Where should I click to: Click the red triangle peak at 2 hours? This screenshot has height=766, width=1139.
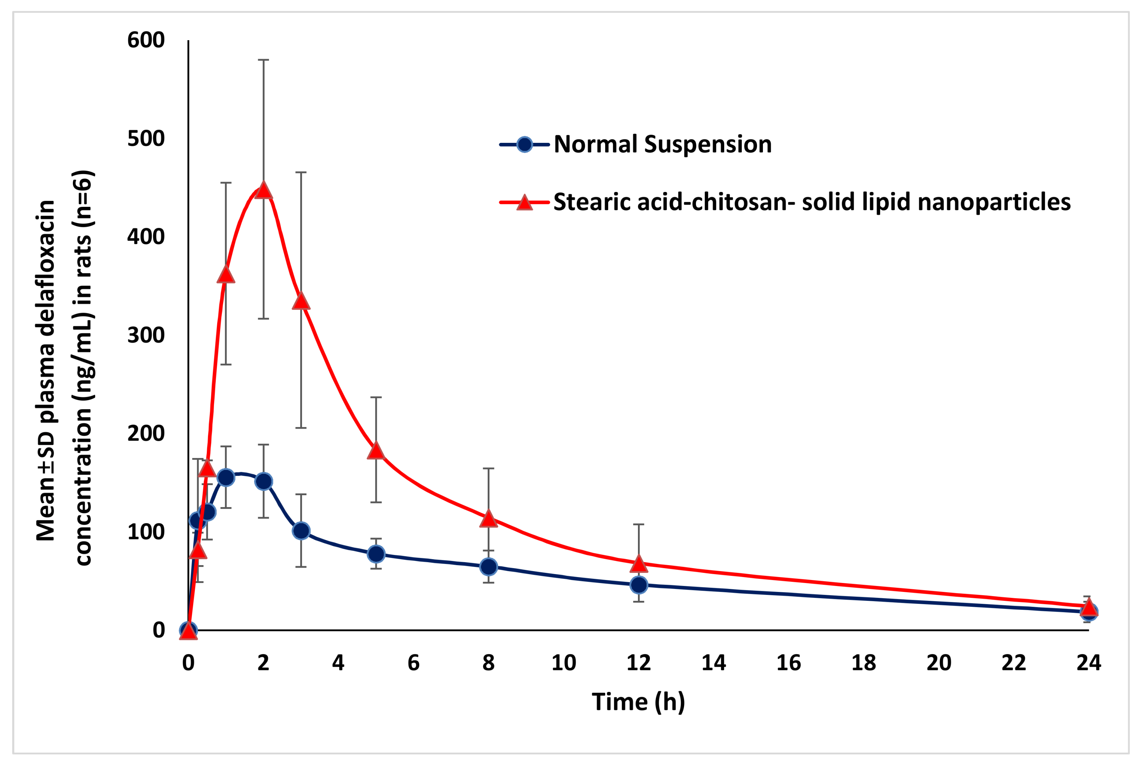click(263, 190)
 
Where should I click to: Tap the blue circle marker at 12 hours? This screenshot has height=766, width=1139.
click(638, 585)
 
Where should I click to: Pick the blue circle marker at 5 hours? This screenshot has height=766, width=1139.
click(376, 554)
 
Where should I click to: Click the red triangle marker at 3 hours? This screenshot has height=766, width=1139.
click(301, 301)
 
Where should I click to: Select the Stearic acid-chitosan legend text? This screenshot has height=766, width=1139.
click(812, 202)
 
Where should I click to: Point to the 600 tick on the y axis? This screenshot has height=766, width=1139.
click(145, 40)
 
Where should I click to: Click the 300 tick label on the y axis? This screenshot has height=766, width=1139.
click(145, 335)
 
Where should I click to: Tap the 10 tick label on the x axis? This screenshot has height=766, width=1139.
click(564, 663)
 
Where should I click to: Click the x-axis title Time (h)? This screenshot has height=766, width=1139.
click(638, 702)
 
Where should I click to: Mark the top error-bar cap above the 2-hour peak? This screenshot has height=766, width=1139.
click(263, 60)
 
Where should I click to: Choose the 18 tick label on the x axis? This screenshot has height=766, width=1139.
click(863, 663)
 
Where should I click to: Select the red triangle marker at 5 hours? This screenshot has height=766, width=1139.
click(376, 451)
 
